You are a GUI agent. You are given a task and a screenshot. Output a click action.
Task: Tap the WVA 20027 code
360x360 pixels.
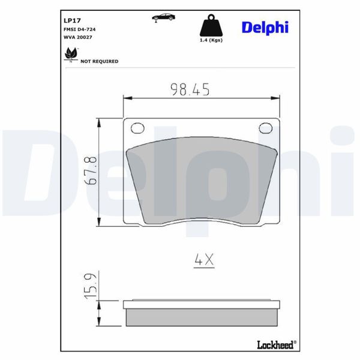pyautogui.click(x=78, y=37)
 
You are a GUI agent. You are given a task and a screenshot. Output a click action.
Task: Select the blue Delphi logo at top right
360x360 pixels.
pyautogui.click(x=265, y=27)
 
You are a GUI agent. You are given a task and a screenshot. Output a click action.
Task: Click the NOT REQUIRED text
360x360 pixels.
pyautogui.click(x=100, y=61)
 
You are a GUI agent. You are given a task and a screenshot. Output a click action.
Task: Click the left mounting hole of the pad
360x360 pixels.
pyautogui.click(x=138, y=127)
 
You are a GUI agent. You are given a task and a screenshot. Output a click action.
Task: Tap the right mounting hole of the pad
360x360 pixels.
pyautogui.click(x=265, y=127)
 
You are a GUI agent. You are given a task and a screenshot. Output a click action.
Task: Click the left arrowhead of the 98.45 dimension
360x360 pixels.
pyautogui.click(x=126, y=98)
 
